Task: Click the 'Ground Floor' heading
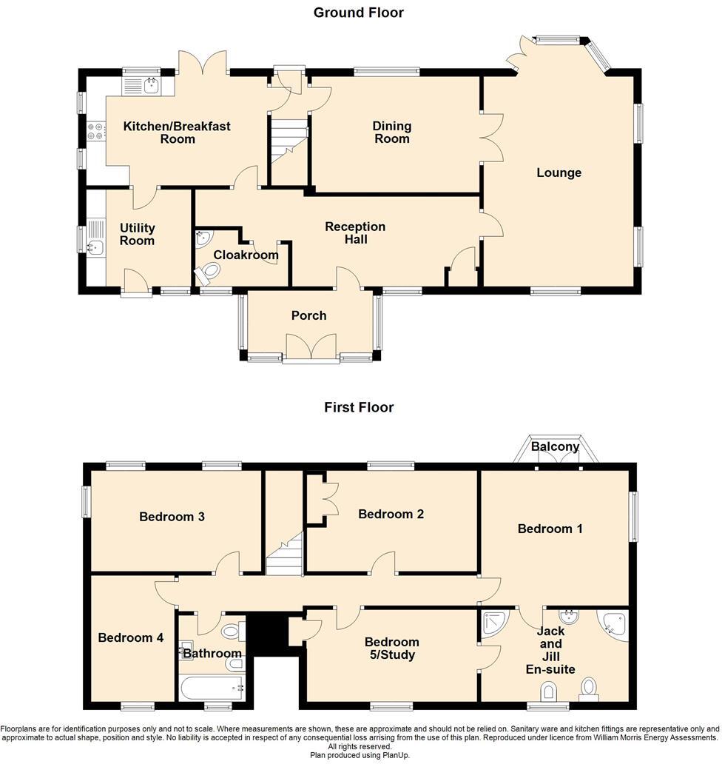tap(359, 13)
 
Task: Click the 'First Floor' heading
tap(359, 407)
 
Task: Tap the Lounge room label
tap(559, 172)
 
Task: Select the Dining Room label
tap(392, 133)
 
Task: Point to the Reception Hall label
tap(355, 232)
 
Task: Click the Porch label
tap(308, 315)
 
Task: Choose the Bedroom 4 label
tap(131, 637)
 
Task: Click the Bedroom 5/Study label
tap(392, 648)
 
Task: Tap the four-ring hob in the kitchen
tap(96, 131)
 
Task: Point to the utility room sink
tap(95, 248)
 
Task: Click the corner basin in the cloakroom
tap(203, 238)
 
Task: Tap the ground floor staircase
tap(288, 144)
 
